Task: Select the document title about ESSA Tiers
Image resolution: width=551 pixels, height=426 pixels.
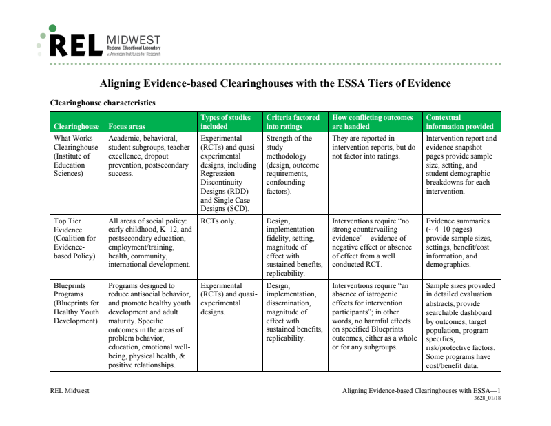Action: point(275,84)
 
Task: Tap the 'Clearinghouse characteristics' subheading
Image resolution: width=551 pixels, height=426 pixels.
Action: point(103,103)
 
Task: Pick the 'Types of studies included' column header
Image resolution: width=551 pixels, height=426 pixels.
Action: point(225,122)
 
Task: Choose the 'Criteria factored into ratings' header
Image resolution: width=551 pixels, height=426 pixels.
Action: point(293,122)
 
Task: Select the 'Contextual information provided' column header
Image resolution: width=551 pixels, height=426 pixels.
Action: point(459,122)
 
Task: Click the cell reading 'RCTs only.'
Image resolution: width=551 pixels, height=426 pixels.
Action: point(218,221)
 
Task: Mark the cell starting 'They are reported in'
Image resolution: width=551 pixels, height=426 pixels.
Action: point(373,148)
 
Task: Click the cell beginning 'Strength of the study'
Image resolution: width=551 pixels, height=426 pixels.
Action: point(292,164)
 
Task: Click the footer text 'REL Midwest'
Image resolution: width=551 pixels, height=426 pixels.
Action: point(70,391)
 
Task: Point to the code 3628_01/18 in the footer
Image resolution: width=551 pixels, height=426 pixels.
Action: point(487,398)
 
